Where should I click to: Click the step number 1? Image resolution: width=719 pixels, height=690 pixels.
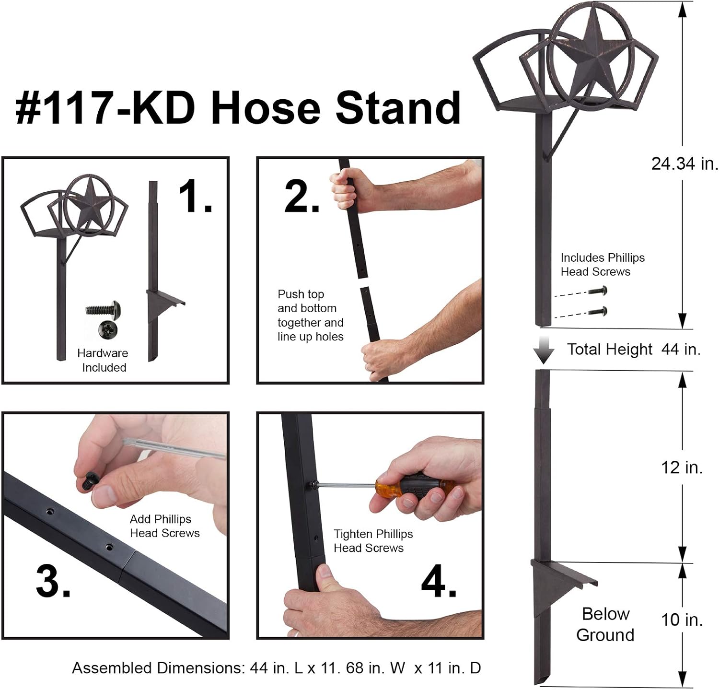(x=195, y=197)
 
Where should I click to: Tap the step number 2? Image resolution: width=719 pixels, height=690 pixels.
(x=302, y=197)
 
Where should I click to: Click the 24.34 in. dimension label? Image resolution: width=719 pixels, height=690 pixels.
(x=685, y=164)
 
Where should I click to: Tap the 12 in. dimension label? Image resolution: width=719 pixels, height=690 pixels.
(x=682, y=467)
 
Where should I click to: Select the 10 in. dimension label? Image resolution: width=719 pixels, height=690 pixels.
(x=682, y=620)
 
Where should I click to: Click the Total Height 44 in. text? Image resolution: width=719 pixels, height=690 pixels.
(x=634, y=349)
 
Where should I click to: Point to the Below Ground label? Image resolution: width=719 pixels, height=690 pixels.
(x=605, y=624)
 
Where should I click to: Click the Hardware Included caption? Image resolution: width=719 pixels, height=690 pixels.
(x=103, y=361)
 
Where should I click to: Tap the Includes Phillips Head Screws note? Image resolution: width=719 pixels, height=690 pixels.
(x=603, y=265)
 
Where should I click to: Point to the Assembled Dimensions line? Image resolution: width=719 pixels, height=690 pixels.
(x=277, y=668)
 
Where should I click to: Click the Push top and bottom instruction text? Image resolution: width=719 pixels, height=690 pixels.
(x=311, y=316)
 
